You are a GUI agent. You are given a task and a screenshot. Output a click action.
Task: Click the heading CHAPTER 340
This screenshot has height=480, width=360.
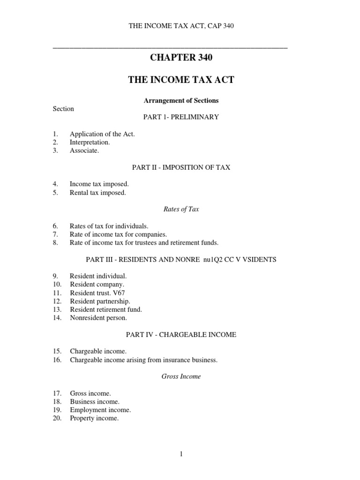point(181,58)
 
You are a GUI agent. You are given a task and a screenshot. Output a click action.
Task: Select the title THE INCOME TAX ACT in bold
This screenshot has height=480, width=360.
point(181,80)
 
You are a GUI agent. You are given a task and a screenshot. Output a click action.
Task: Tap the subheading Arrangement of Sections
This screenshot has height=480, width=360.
point(181,101)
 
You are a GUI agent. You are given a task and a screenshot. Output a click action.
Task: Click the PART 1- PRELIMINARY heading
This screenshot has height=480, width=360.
point(181,117)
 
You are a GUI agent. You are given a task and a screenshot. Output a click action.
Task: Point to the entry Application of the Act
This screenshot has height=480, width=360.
point(102,134)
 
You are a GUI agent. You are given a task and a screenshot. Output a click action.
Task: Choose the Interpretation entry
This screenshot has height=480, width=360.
point(90,142)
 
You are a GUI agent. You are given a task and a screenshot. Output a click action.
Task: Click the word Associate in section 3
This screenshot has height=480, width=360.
point(84,150)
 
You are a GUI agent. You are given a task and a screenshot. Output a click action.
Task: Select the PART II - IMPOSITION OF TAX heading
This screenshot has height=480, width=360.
point(181,167)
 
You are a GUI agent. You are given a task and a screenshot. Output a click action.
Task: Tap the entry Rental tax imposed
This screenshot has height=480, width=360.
point(98,193)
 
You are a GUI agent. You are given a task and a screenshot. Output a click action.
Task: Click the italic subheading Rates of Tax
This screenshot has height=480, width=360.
point(181,210)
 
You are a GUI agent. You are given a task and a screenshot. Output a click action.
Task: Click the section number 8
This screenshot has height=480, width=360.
point(55,243)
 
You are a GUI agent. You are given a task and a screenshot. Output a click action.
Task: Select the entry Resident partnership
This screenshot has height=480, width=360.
point(100,301)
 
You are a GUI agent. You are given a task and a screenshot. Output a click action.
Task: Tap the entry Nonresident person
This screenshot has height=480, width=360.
point(98,318)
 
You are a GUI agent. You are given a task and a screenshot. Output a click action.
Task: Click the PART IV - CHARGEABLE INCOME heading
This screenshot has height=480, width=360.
point(181,335)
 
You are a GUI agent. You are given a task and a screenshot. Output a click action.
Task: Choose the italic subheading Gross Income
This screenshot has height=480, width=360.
point(181,376)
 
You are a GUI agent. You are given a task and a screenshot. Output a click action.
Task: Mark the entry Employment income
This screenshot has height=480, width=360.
point(100,410)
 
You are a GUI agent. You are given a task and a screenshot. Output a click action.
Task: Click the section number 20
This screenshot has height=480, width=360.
point(57,419)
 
